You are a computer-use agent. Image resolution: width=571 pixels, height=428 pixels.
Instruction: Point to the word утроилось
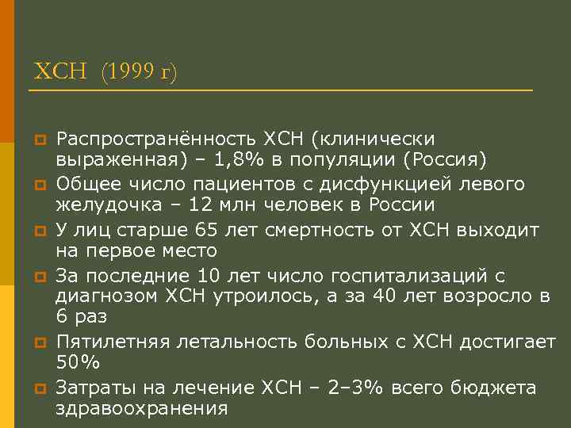coord(274,297)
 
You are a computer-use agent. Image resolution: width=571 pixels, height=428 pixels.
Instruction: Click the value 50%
coord(78,363)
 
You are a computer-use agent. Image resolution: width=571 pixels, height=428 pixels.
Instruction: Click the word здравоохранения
coord(141,409)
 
